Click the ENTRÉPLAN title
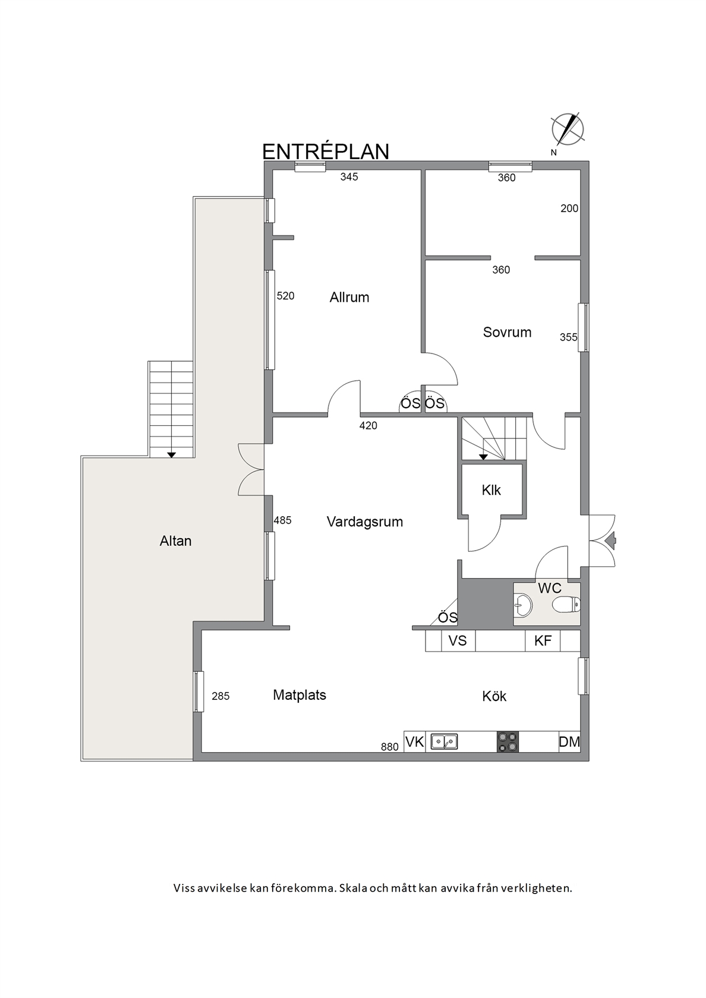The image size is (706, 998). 326,151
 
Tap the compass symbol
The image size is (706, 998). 568,130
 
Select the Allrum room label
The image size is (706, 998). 349,297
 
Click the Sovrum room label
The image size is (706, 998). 508,332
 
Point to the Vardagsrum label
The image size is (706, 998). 365,522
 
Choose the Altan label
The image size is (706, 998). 176,541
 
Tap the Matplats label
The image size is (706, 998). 300,695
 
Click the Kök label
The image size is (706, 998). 494,696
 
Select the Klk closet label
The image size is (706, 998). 491,490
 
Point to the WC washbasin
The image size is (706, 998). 522,605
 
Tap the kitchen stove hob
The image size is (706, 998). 508,743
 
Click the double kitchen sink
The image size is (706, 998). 444,742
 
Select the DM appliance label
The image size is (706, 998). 569,742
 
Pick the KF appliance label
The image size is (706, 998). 543,640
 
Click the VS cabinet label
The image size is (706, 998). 458,640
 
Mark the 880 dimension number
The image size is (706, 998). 390,747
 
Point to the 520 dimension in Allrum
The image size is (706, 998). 286,296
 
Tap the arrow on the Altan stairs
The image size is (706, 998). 171,455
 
